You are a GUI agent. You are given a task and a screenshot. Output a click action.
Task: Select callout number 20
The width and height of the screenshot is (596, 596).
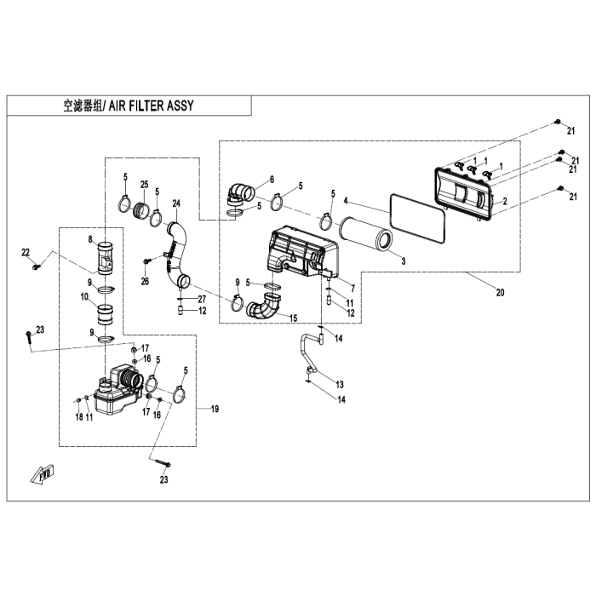tap(500, 293)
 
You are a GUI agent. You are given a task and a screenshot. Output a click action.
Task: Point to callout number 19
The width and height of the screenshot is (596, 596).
tap(215, 410)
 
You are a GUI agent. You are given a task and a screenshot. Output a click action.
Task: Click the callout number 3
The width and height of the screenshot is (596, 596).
tap(404, 260)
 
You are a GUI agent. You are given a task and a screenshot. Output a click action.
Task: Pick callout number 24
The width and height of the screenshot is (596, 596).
tap(176, 203)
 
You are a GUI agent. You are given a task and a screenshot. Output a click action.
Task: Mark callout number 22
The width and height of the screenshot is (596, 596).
tap(26, 252)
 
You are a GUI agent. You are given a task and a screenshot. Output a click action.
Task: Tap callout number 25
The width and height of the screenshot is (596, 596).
tap(144, 185)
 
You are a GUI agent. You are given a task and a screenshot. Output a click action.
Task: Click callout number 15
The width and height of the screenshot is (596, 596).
tap(293, 318)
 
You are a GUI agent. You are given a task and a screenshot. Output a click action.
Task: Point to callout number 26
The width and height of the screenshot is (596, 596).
tap(145, 282)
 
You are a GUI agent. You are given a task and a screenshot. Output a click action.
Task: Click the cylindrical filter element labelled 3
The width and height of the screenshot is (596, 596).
tap(364, 232)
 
